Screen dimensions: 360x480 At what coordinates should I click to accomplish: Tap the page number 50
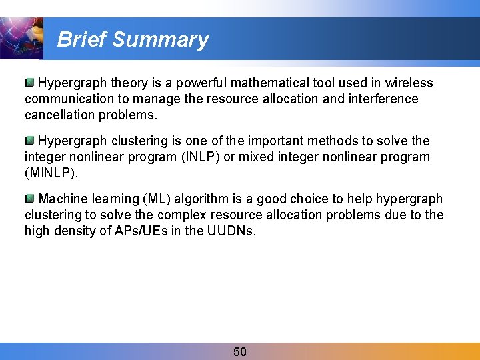[x=240, y=351]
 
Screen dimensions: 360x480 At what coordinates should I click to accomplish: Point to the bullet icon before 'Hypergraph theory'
[x=29, y=83]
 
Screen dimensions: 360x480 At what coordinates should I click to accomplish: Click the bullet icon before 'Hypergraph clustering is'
[x=29, y=141]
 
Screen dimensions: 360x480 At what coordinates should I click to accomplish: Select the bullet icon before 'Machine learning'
[x=29, y=199]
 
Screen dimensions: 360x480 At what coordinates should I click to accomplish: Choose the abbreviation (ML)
[x=155, y=199]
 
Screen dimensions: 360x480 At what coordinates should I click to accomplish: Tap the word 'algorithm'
[x=199, y=199]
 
